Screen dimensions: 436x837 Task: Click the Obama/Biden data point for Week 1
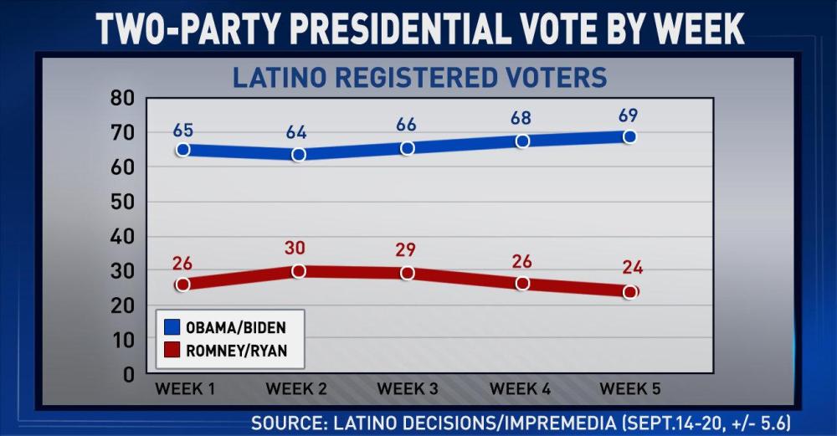click(182, 150)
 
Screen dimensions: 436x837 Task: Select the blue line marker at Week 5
click(629, 136)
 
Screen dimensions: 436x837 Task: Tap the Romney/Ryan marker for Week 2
click(298, 271)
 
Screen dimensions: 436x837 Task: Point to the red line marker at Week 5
click(629, 292)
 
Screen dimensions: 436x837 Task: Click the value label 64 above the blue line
click(297, 133)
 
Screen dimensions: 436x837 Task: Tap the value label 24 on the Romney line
click(633, 268)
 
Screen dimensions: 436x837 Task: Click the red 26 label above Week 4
click(521, 261)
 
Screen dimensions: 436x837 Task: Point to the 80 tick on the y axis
click(122, 99)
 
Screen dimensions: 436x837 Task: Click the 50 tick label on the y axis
click(122, 203)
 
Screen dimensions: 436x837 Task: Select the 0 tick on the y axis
click(128, 375)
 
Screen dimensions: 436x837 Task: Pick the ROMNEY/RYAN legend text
click(236, 351)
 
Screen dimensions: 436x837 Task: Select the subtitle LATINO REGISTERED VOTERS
click(419, 78)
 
